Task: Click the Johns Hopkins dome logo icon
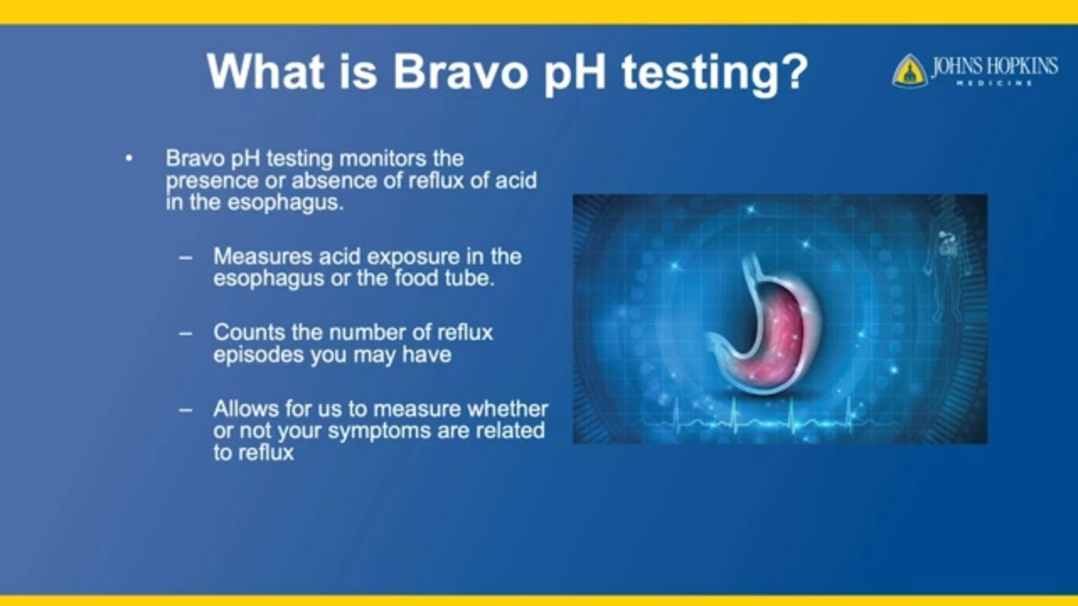910,72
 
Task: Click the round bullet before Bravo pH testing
129,158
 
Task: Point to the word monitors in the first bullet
384,158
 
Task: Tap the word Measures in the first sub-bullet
254,256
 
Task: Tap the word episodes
259,354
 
